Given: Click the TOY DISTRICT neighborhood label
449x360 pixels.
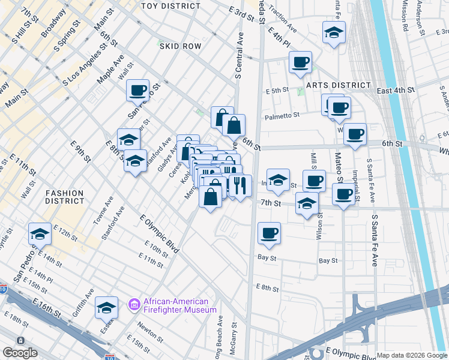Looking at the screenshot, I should [170, 6].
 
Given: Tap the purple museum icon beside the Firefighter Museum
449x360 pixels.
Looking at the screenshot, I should [134, 305].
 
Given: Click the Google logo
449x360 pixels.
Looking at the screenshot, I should [19, 353].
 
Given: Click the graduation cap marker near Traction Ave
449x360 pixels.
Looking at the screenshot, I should [334, 33].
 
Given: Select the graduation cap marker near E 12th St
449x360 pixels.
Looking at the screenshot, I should [40, 233].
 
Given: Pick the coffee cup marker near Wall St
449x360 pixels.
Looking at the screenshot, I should [137, 90].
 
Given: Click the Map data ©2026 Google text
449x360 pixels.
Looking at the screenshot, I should [412, 355].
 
